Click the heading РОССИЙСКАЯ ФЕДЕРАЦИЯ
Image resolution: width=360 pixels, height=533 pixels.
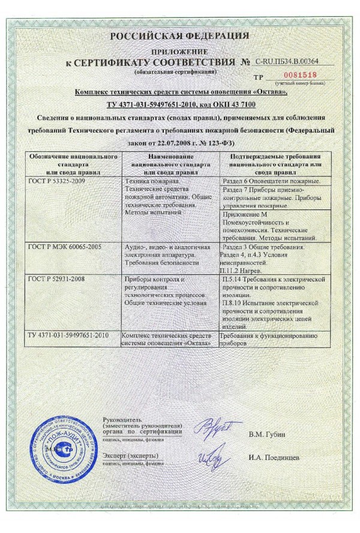179,37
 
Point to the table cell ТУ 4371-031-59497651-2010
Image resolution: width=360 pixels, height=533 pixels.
67,334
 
